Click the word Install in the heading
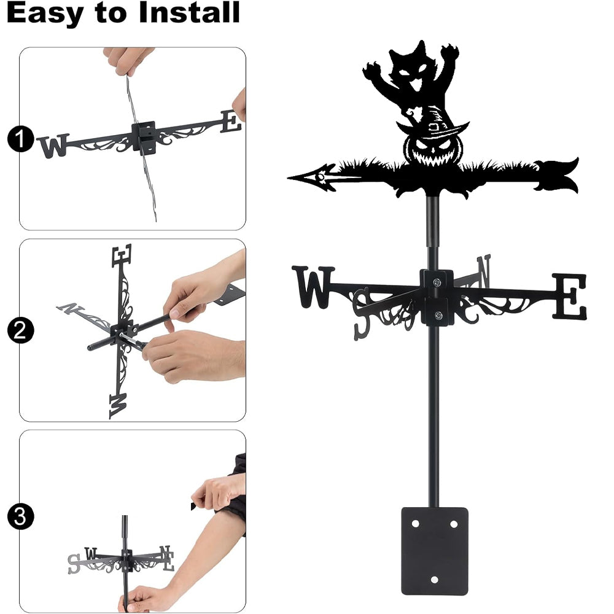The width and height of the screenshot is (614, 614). (x=188, y=12)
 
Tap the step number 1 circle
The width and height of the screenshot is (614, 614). (x=20, y=139)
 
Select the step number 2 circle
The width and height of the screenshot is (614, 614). (x=20, y=330)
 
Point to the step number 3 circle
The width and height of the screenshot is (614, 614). (x=20, y=516)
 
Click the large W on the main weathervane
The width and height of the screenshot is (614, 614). (x=313, y=287)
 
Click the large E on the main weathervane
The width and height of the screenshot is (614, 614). (x=570, y=296)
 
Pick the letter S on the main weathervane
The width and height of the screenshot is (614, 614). (x=362, y=314)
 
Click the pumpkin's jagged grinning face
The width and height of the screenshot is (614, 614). (x=433, y=151)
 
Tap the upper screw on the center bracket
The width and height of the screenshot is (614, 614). (x=437, y=282)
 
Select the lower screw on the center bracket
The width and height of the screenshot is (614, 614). (x=438, y=315)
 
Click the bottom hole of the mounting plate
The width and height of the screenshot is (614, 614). (x=434, y=580)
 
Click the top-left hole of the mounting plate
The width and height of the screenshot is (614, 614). (x=416, y=524)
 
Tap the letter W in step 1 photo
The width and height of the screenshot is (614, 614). (x=53, y=146)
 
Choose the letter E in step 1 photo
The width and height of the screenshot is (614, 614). (x=231, y=121)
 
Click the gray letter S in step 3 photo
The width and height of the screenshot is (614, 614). (x=74, y=564)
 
